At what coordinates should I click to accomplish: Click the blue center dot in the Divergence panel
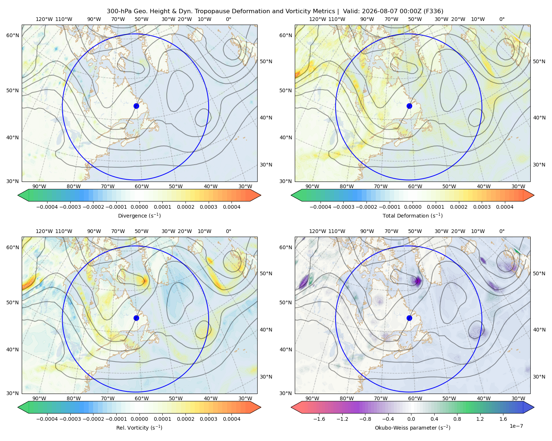(x=136, y=106)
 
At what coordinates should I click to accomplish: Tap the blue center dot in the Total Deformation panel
(x=409, y=106)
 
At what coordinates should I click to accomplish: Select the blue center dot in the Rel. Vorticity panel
(x=136, y=318)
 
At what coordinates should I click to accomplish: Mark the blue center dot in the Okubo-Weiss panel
(x=409, y=318)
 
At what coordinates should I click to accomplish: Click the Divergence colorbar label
(x=139, y=215)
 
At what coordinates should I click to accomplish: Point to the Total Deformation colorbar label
(x=413, y=215)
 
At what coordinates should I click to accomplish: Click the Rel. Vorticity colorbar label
(x=139, y=427)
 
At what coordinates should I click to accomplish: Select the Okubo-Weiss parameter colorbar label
(x=413, y=427)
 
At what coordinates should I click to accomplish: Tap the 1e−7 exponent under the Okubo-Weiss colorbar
(x=516, y=426)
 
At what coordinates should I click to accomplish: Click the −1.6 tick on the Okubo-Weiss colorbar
(x=319, y=419)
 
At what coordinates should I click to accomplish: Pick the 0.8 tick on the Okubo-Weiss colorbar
(x=457, y=419)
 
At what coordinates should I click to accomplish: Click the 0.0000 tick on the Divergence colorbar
(x=139, y=207)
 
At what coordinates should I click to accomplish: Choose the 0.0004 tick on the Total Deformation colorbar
(x=505, y=207)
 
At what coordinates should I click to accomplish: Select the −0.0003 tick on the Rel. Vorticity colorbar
(x=70, y=419)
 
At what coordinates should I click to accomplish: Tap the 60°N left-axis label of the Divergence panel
(x=13, y=35)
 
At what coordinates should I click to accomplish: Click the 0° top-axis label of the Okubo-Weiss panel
(x=502, y=231)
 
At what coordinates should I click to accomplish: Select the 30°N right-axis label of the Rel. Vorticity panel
(x=266, y=376)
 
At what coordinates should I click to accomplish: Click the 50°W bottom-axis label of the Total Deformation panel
(x=449, y=186)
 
